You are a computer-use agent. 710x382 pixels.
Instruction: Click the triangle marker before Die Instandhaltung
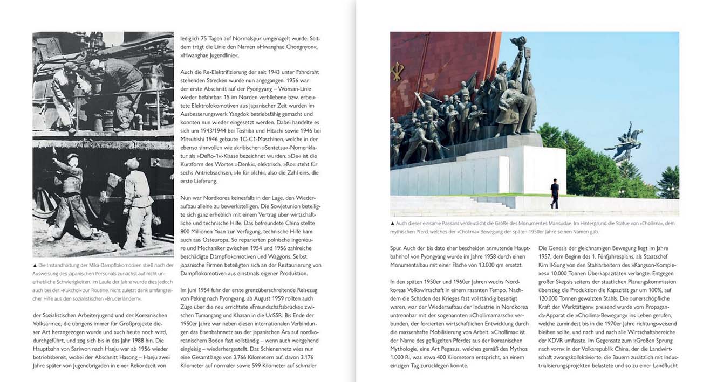[35, 266]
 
